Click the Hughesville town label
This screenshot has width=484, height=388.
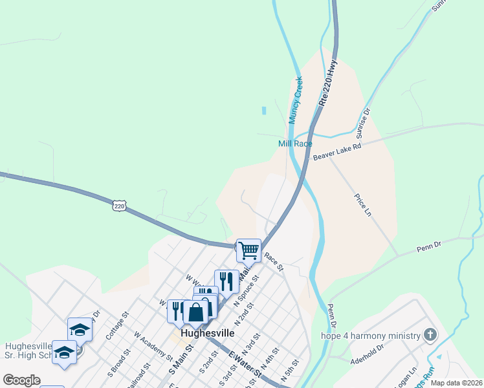tap(208, 333)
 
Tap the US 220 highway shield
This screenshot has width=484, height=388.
tap(118, 206)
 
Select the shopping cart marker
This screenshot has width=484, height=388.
tap(248, 250)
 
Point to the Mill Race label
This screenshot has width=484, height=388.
tap(295, 144)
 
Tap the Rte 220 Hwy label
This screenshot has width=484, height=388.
tap(329, 83)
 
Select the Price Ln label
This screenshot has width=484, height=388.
tap(364, 204)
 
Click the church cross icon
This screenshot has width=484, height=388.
tap(428, 335)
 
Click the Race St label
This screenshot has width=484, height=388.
tap(274, 261)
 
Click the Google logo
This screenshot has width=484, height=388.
tap(21, 380)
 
